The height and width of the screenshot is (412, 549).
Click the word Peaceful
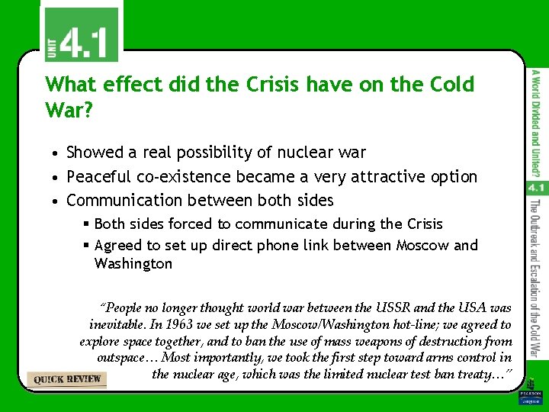99,177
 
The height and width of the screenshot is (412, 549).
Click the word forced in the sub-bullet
191,224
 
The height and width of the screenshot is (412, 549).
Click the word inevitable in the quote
120,324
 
